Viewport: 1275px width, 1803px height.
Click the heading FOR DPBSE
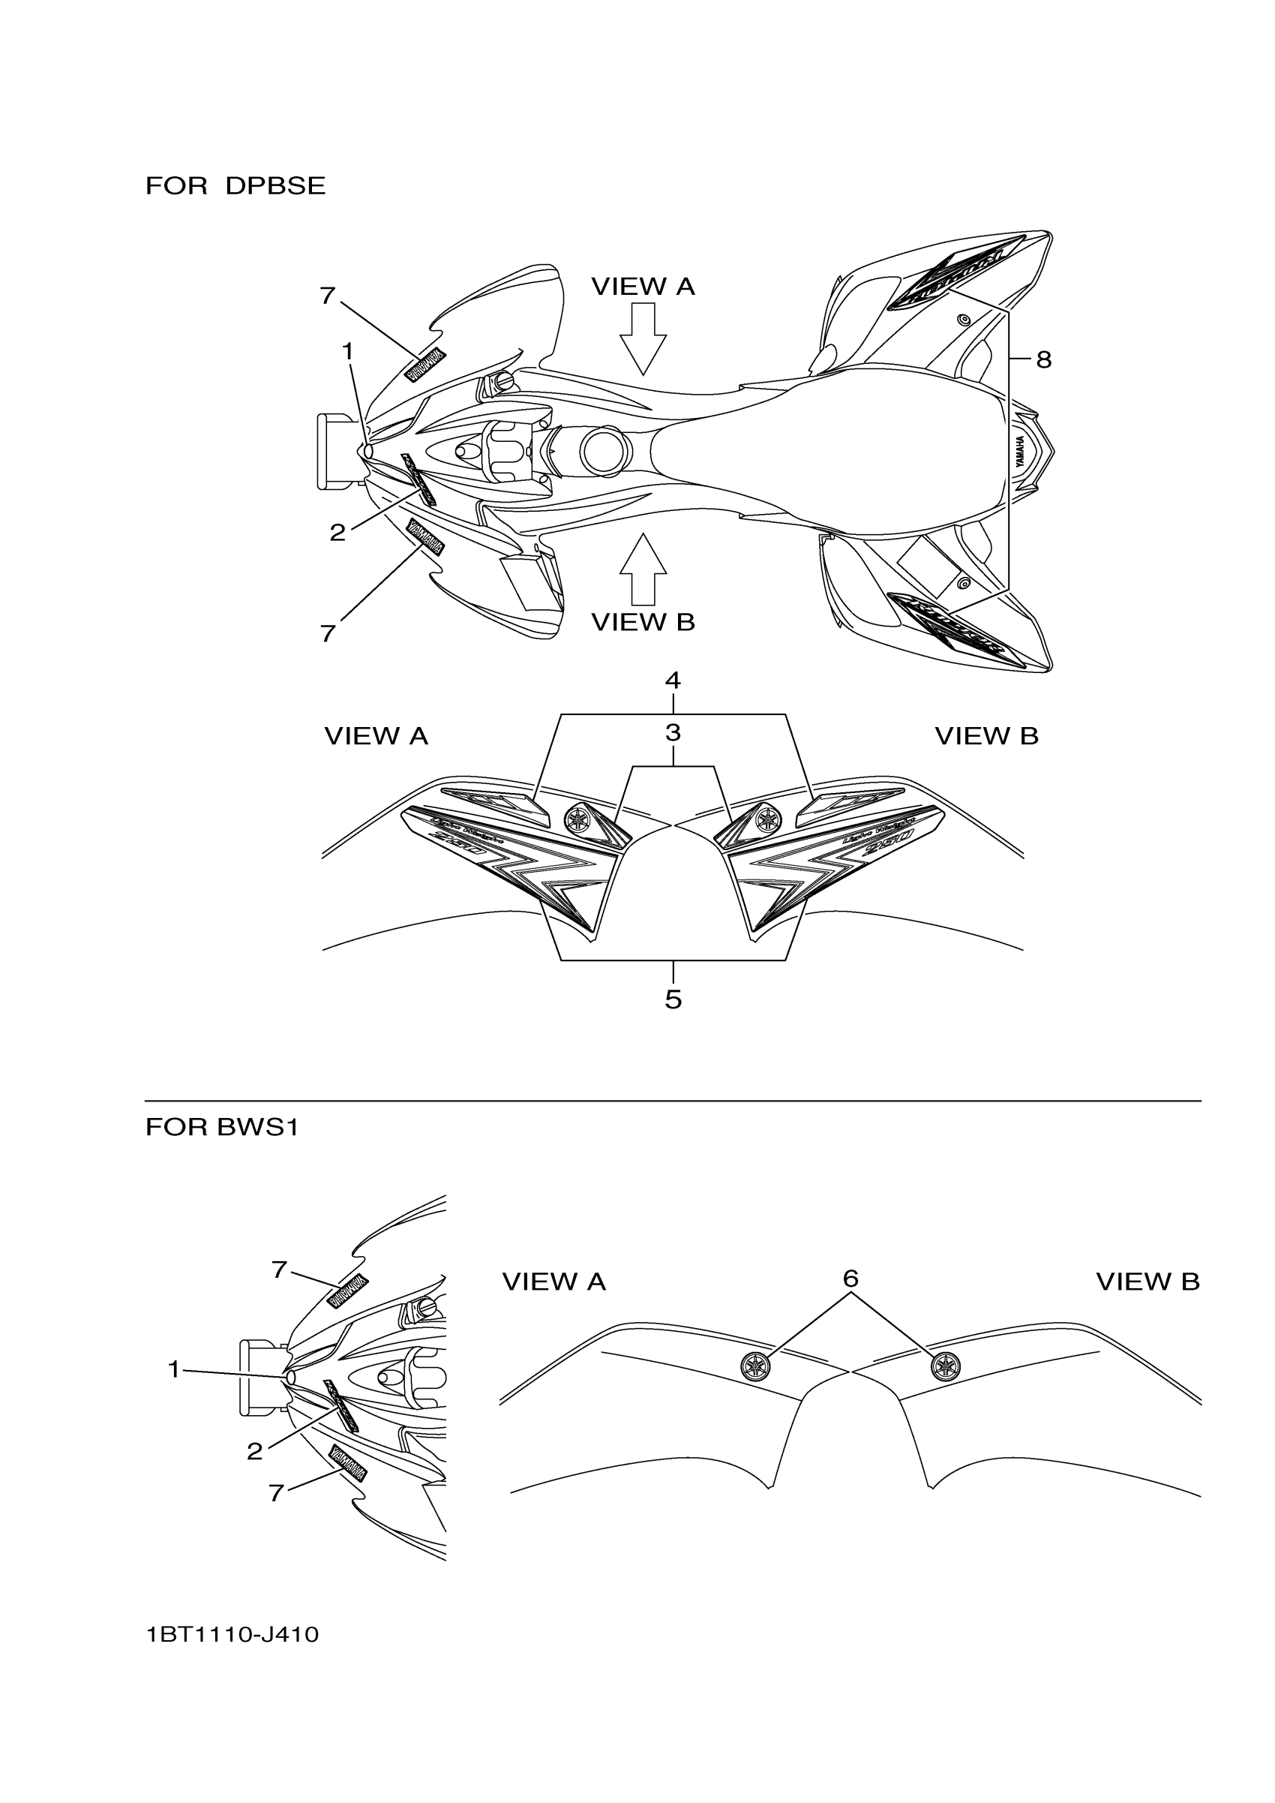click(235, 186)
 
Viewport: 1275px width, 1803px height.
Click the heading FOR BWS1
click(222, 1128)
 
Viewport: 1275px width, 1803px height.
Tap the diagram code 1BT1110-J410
click(232, 1635)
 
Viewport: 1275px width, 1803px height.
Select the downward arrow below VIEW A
click(643, 339)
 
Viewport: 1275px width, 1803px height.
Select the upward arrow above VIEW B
click(643, 569)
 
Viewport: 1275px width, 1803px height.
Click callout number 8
click(1042, 359)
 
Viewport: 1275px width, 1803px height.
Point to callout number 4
click(673, 680)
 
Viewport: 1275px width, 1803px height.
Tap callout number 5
click(673, 999)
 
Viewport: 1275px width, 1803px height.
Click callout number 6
click(850, 1279)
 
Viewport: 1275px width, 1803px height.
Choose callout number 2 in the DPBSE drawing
click(337, 533)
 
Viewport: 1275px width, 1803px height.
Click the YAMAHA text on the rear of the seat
click(1020, 452)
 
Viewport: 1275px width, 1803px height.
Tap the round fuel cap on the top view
click(605, 450)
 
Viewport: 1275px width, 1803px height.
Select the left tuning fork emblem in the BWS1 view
click(755, 1366)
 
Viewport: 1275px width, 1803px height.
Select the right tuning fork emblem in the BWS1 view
click(945, 1366)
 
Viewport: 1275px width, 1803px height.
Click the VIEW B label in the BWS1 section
click(1147, 1282)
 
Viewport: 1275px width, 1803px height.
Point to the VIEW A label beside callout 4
click(376, 737)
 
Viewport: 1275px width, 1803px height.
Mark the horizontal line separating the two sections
click(673, 1101)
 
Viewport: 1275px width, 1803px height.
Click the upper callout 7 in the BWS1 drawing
click(279, 1270)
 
